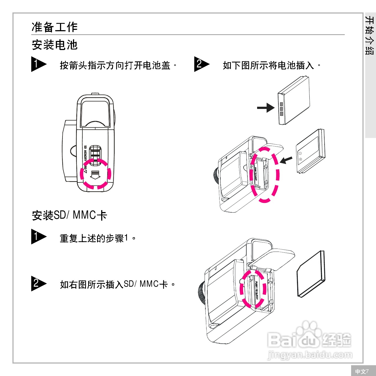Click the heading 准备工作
click(54, 27)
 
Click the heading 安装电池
click(54, 45)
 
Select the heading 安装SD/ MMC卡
click(69, 215)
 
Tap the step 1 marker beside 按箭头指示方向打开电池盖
click(38, 64)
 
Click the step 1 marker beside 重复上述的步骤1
click(38, 236)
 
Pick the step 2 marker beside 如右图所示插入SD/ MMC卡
click(38, 283)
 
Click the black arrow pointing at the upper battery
click(265, 108)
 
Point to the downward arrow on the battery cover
click(95, 175)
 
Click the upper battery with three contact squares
click(294, 101)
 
